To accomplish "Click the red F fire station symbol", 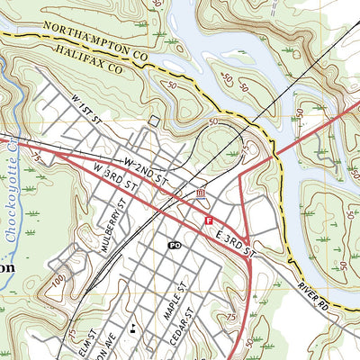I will click(x=209, y=220).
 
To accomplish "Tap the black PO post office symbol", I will click(x=175, y=245).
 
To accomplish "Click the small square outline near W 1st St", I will click(x=155, y=121).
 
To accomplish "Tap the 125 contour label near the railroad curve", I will click(x=244, y=145).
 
